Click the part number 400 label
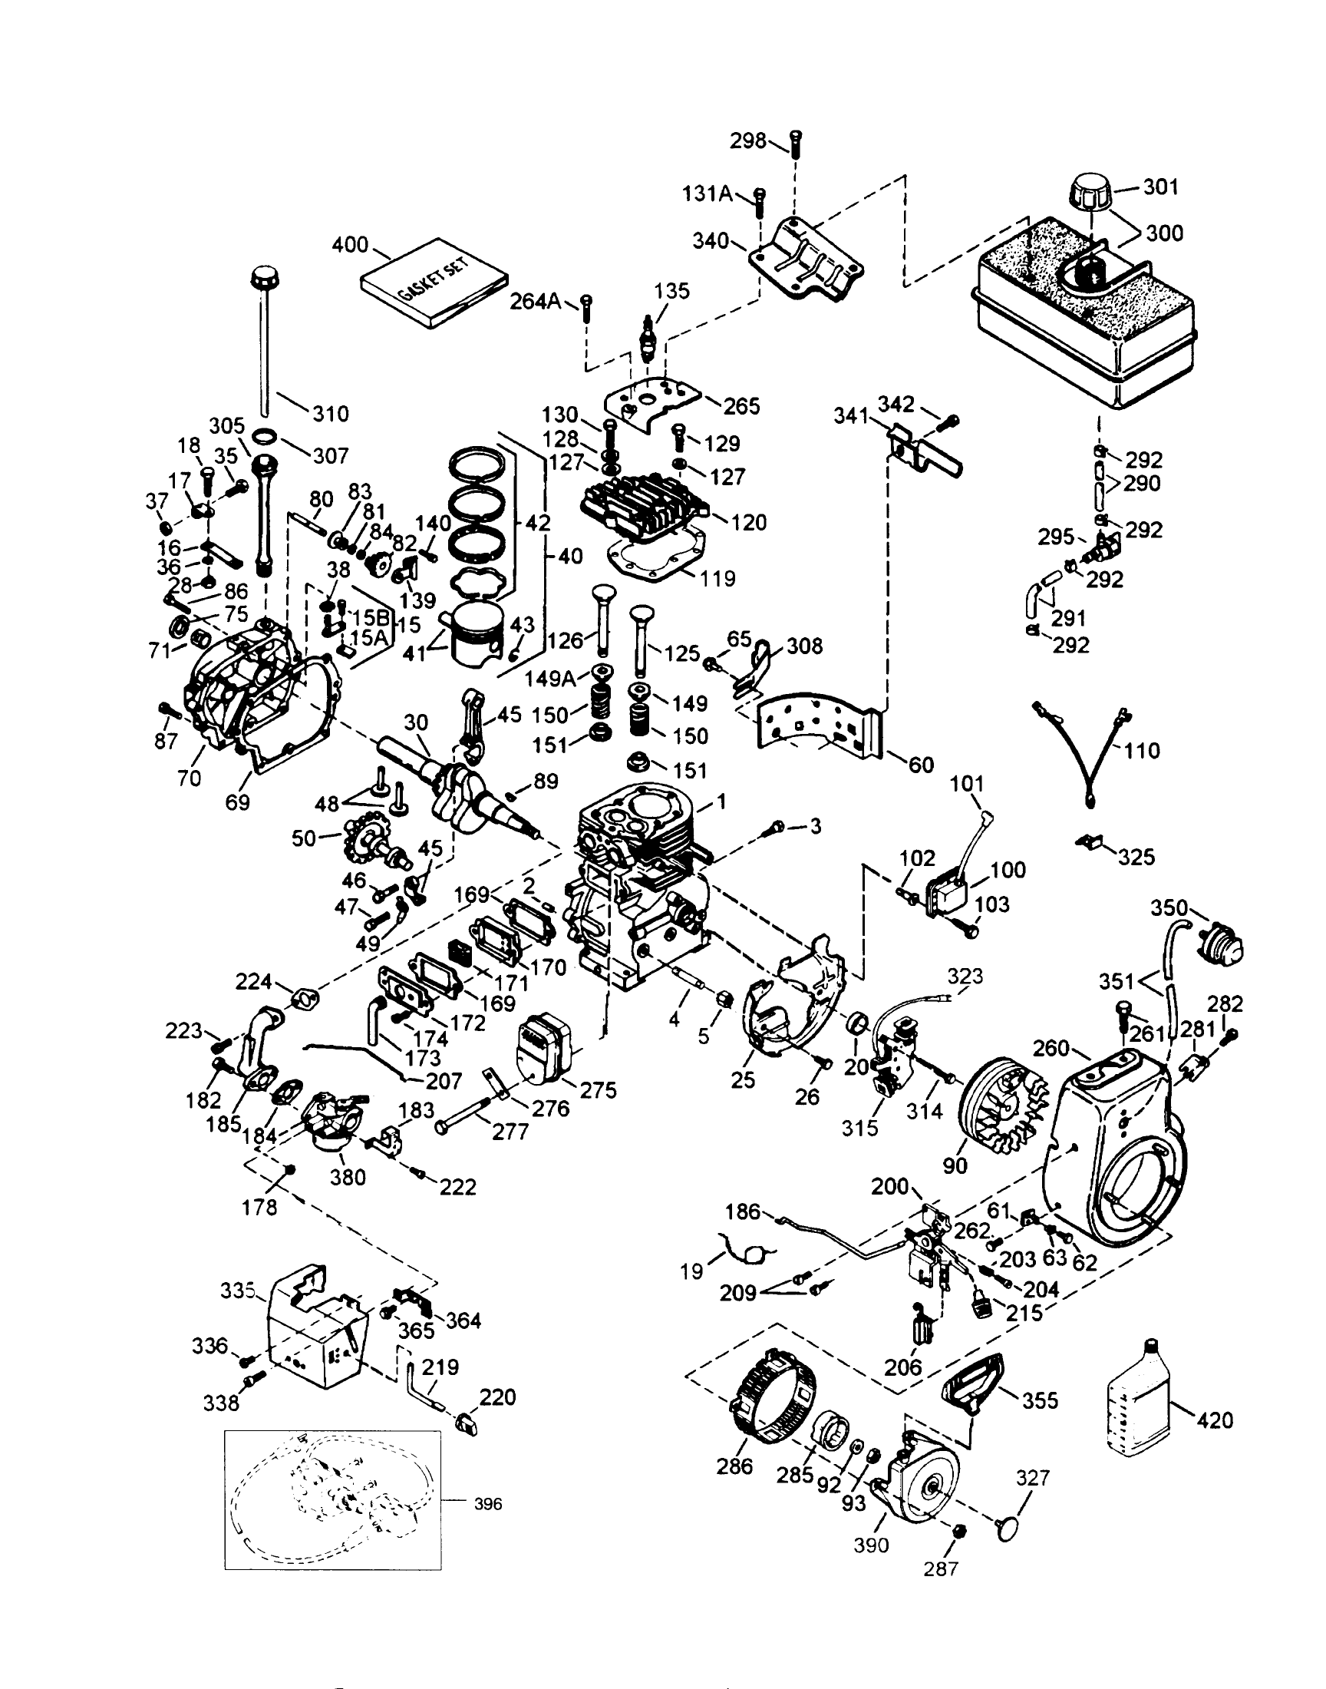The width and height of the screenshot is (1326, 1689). (350, 246)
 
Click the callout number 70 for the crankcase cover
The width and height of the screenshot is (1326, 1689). (190, 778)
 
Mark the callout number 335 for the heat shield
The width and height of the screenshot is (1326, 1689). (238, 1291)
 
